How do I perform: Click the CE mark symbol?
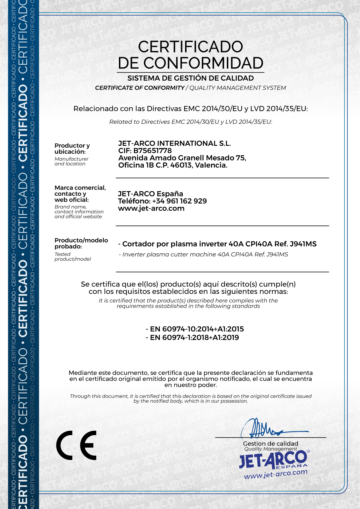click(76, 445)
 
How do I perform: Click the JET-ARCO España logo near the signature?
click(273, 460)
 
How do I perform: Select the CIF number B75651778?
click(152, 151)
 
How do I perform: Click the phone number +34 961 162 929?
click(179, 201)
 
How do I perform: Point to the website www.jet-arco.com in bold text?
click(151, 208)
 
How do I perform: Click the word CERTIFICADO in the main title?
click(190, 47)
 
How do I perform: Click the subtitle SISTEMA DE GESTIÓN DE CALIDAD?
click(191, 78)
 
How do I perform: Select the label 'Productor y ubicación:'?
click(72, 149)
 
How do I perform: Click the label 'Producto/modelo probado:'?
click(81, 243)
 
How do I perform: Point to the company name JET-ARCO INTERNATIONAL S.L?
click(174, 143)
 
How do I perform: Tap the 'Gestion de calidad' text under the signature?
click(270, 443)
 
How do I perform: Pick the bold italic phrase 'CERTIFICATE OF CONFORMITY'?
click(140, 88)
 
